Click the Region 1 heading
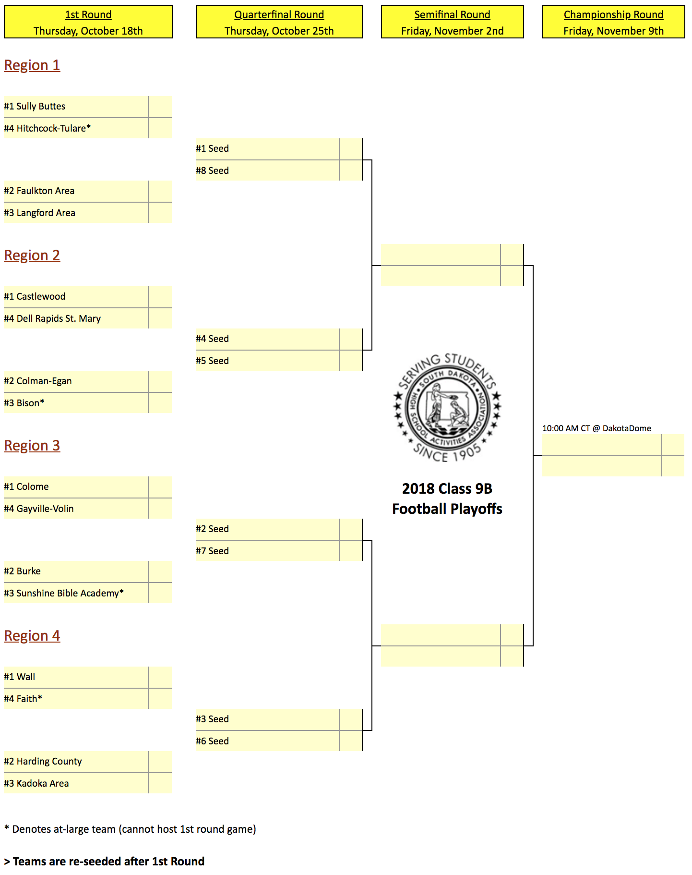tap(32, 65)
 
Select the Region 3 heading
tap(32, 446)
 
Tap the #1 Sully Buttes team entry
tap(35, 106)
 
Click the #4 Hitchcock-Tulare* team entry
tap(47, 128)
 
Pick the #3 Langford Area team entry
tap(39, 213)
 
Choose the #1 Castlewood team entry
tap(35, 296)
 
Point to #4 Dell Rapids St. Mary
tap(52, 318)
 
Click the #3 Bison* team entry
tap(24, 403)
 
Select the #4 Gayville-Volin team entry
tap(39, 509)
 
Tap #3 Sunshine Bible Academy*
tap(64, 593)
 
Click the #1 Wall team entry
tap(19, 677)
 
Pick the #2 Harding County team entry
tap(43, 761)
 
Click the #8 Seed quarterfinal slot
tap(212, 170)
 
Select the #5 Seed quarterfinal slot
tap(212, 361)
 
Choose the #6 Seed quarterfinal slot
tap(212, 741)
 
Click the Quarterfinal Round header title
tap(279, 15)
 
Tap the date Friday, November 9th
tap(613, 31)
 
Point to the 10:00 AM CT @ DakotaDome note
tap(597, 428)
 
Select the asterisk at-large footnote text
tap(130, 829)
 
